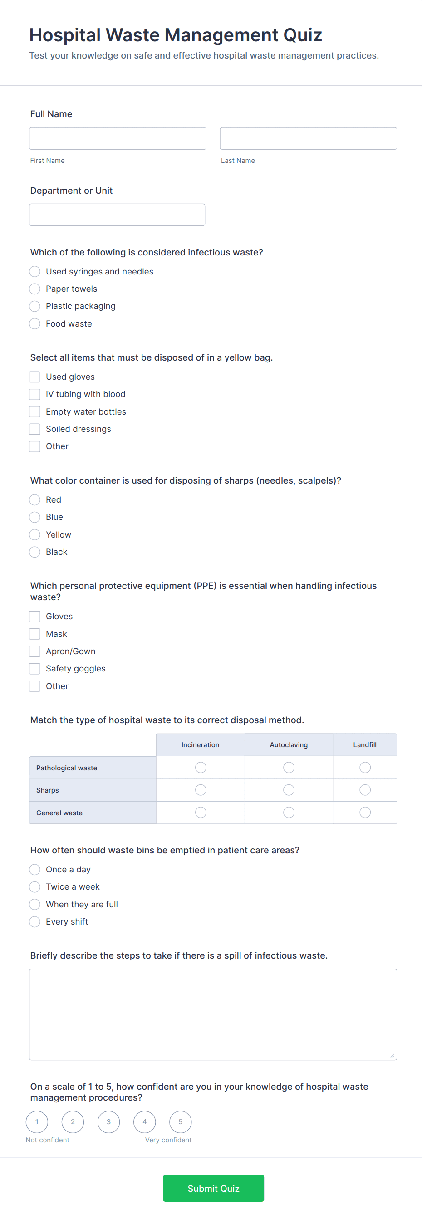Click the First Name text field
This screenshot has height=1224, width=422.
pos(118,138)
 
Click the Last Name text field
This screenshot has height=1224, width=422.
pos(308,138)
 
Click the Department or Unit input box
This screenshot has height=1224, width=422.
pos(117,215)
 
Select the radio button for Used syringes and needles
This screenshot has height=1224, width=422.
pos(34,271)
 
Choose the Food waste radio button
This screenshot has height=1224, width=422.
pos(34,323)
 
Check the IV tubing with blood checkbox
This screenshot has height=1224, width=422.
pos(34,394)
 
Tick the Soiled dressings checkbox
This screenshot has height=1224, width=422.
pos(34,429)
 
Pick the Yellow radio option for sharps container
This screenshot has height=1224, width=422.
pos(34,534)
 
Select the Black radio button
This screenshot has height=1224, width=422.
pos(34,552)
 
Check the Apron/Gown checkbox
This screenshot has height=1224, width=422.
pos(34,651)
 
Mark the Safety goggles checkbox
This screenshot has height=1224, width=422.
pos(34,669)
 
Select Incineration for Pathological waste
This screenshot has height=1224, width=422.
pos(201,767)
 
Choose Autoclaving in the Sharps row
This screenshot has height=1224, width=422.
pos(289,790)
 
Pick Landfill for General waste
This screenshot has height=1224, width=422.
pos(365,813)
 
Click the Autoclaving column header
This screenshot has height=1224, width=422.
pos(289,744)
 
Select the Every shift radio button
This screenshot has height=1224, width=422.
pos(34,921)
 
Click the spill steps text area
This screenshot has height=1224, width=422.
pos(213,1014)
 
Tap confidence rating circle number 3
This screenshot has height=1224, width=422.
pos(108,1122)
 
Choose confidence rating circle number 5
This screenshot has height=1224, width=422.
pos(181,1122)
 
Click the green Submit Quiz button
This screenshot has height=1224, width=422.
pos(213,1188)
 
